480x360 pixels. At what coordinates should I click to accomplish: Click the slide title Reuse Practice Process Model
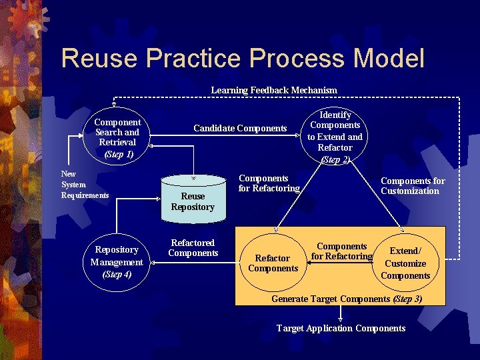pyautogui.click(x=242, y=58)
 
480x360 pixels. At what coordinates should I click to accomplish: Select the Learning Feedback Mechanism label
pyautogui.click(x=274, y=90)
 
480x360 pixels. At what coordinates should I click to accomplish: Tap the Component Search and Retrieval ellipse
pyautogui.click(x=117, y=136)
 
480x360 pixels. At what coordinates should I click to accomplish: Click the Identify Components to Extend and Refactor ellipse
pyautogui.click(x=335, y=136)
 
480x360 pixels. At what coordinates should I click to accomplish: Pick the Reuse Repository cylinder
pyautogui.click(x=193, y=198)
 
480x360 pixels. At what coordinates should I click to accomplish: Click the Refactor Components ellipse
pyautogui.click(x=273, y=263)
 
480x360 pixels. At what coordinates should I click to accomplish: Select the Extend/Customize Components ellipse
pyautogui.click(x=405, y=263)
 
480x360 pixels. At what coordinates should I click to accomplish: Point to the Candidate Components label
pyautogui.click(x=240, y=128)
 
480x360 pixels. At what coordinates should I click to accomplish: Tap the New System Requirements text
pyautogui.click(x=85, y=184)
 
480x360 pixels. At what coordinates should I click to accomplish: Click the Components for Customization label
pyautogui.click(x=413, y=185)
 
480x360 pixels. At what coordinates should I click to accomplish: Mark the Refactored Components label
pyautogui.click(x=193, y=248)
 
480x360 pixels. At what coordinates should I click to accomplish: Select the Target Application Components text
pyautogui.click(x=341, y=328)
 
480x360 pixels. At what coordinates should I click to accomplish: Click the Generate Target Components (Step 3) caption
pyautogui.click(x=346, y=298)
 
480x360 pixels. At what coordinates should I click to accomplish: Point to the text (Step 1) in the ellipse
pyautogui.click(x=119, y=154)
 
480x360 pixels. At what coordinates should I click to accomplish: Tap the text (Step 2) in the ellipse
pyautogui.click(x=335, y=159)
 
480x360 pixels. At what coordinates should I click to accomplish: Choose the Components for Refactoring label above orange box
pyautogui.click(x=269, y=183)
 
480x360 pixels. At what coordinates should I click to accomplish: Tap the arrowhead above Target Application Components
pyautogui.click(x=341, y=319)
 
